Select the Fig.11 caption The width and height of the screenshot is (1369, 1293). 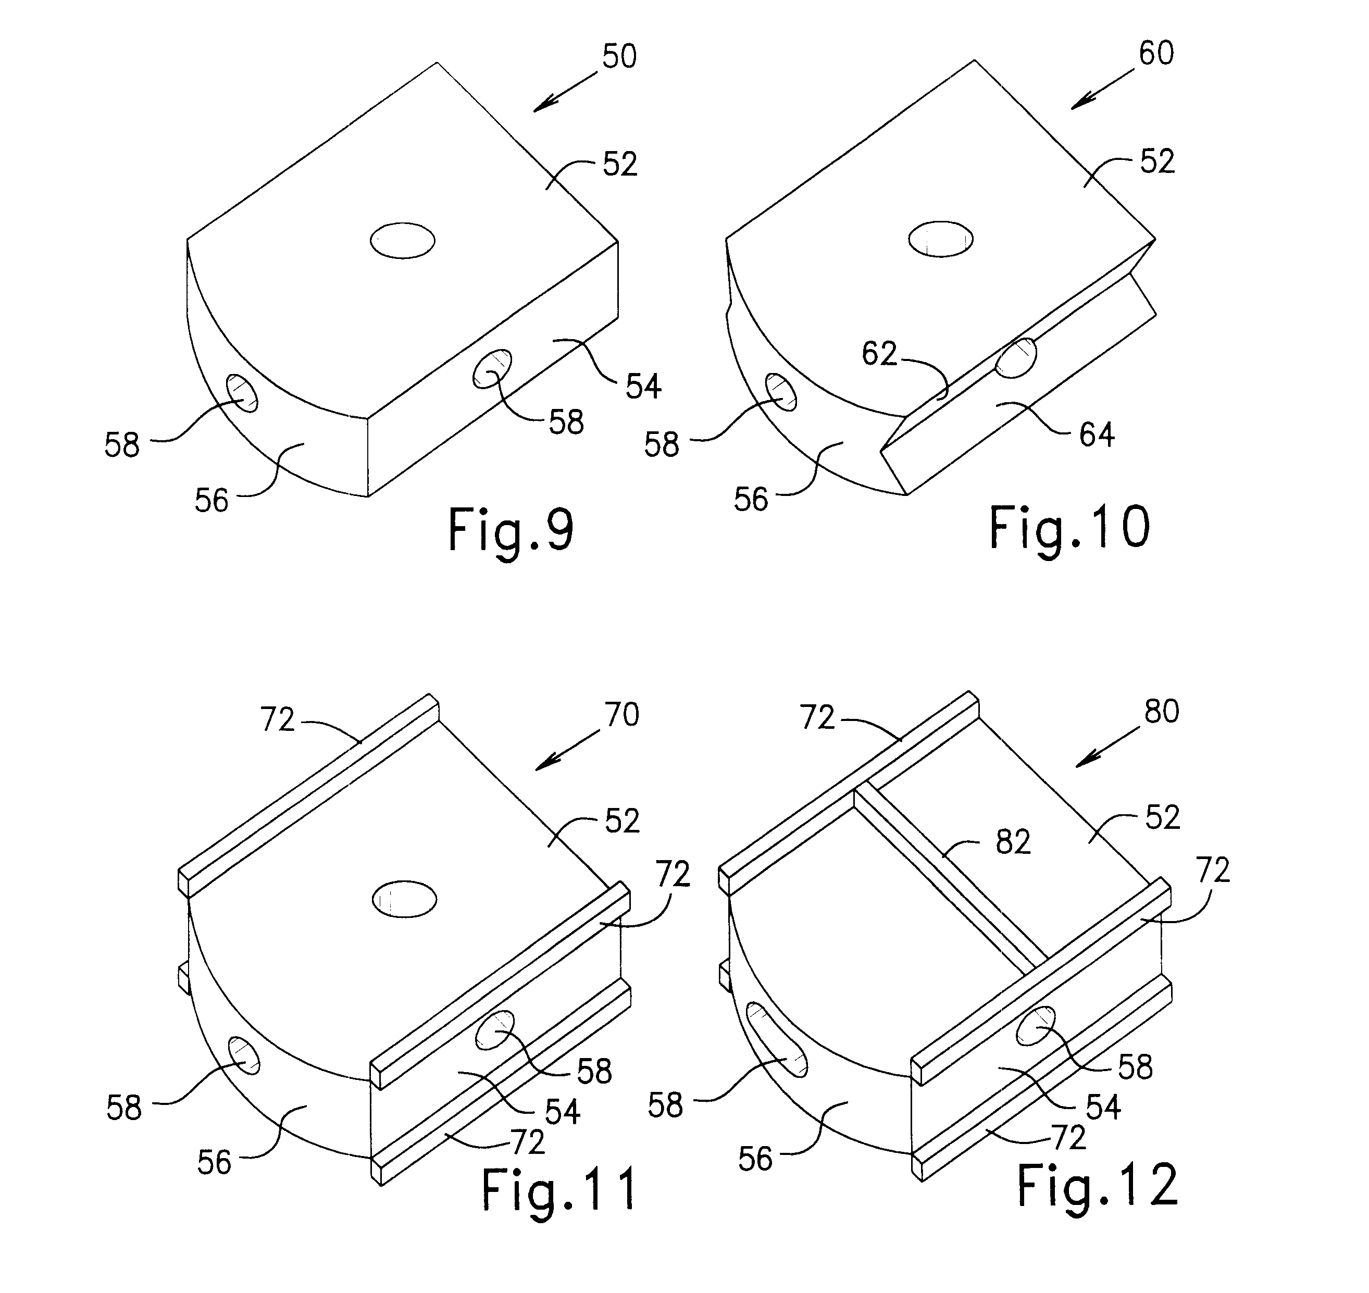(558, 1190)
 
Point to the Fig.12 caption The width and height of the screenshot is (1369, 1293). (1098, 1186)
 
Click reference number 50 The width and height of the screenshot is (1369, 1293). (619, 56)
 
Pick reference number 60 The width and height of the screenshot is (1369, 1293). (1156, 54)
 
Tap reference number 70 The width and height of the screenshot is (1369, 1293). (622, 715)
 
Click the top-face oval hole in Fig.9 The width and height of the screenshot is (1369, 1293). (403, 241)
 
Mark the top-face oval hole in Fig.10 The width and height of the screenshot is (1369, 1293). (940, 239)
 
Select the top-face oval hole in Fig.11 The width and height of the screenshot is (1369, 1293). (405, 899)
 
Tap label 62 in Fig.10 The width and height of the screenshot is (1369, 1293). (879, 354)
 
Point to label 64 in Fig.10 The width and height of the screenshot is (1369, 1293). (1097, 435)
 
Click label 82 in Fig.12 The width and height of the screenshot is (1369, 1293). (1013, 842)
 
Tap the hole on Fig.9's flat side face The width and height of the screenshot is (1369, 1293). (492, 369)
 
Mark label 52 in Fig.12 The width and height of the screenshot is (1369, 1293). (1162, 817)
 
